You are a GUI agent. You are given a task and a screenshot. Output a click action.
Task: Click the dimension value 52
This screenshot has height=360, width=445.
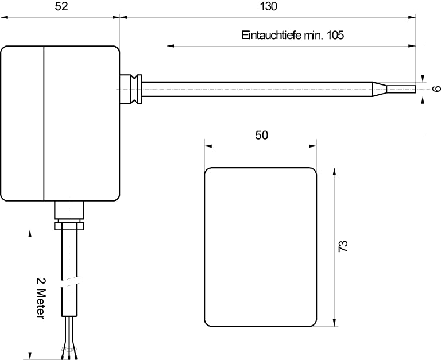pyautogui.click(x=60, y=7)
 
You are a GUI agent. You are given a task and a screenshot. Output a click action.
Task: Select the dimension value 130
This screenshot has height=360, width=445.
pyautogui.click(x=268, y=7)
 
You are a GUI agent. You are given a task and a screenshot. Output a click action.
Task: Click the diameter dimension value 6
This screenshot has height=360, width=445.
pyautogui.click(x=436, y=89)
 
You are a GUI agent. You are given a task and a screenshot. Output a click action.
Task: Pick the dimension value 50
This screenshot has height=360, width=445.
pyautogui.click(x=261, y=136)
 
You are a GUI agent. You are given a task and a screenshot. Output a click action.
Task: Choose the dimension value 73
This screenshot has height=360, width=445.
pyautogui.click(x=343, y=247)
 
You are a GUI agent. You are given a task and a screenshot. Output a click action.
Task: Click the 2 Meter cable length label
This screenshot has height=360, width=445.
pyautogui.click(x=40, y=299)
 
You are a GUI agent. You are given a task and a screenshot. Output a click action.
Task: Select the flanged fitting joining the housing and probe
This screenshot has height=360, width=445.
pyautogui.click(x=133, y=89)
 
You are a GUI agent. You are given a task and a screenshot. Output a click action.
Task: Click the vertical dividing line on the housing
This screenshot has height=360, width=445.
pyautogui.click(x=44, y=123)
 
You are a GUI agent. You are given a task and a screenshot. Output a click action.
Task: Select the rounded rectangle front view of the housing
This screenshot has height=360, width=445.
pyautogui.click(x=261, y=247)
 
